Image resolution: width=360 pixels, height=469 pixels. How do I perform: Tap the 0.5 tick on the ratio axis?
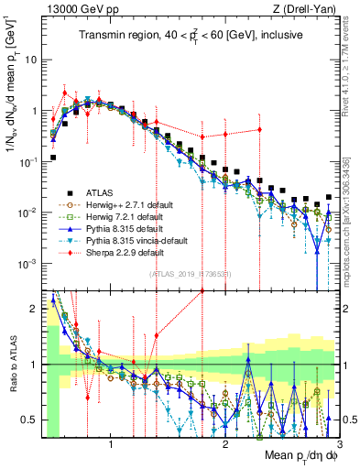[x=30, y=420]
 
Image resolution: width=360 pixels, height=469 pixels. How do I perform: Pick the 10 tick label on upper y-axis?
[x=29, y=60]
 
